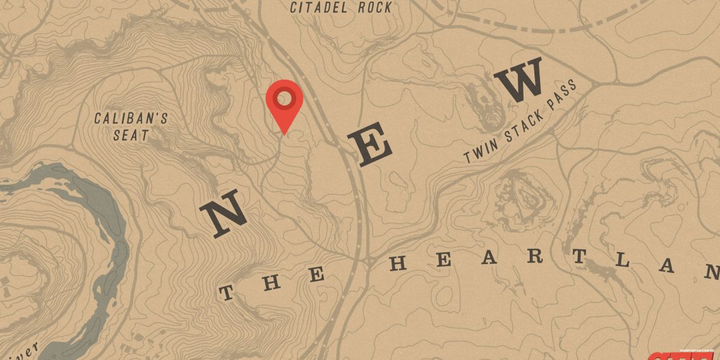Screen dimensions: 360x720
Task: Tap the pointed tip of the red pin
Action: tap(284, 133)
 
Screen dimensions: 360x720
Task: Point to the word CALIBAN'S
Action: tap(131, 118)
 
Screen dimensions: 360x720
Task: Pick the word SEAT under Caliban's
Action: tap(131, 135)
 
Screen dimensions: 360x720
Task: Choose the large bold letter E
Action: tap(372, 146)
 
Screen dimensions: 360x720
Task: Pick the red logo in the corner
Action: tap(683, 356)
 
